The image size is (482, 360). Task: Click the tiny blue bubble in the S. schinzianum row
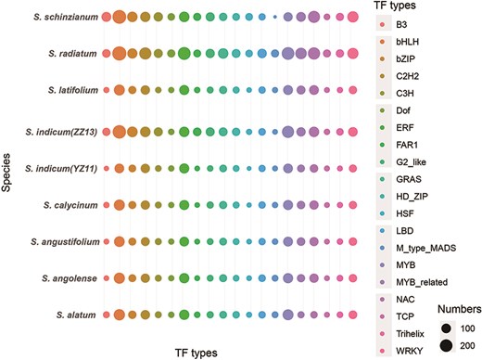tap(274, 17)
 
